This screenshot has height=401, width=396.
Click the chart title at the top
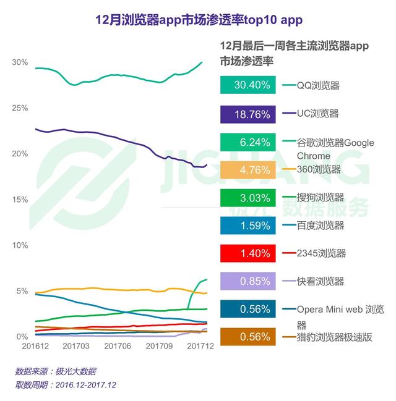198,20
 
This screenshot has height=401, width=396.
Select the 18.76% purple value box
247,114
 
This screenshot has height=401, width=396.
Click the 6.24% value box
247,143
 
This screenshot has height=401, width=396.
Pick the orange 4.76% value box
247,169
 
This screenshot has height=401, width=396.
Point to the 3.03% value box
247,198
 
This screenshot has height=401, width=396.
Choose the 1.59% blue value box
247,226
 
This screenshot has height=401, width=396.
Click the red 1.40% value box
247,253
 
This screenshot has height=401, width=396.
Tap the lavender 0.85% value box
247,281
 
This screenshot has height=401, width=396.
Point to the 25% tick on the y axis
20,108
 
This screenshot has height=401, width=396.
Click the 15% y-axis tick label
20,200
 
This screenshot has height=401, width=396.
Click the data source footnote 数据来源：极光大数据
56,371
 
